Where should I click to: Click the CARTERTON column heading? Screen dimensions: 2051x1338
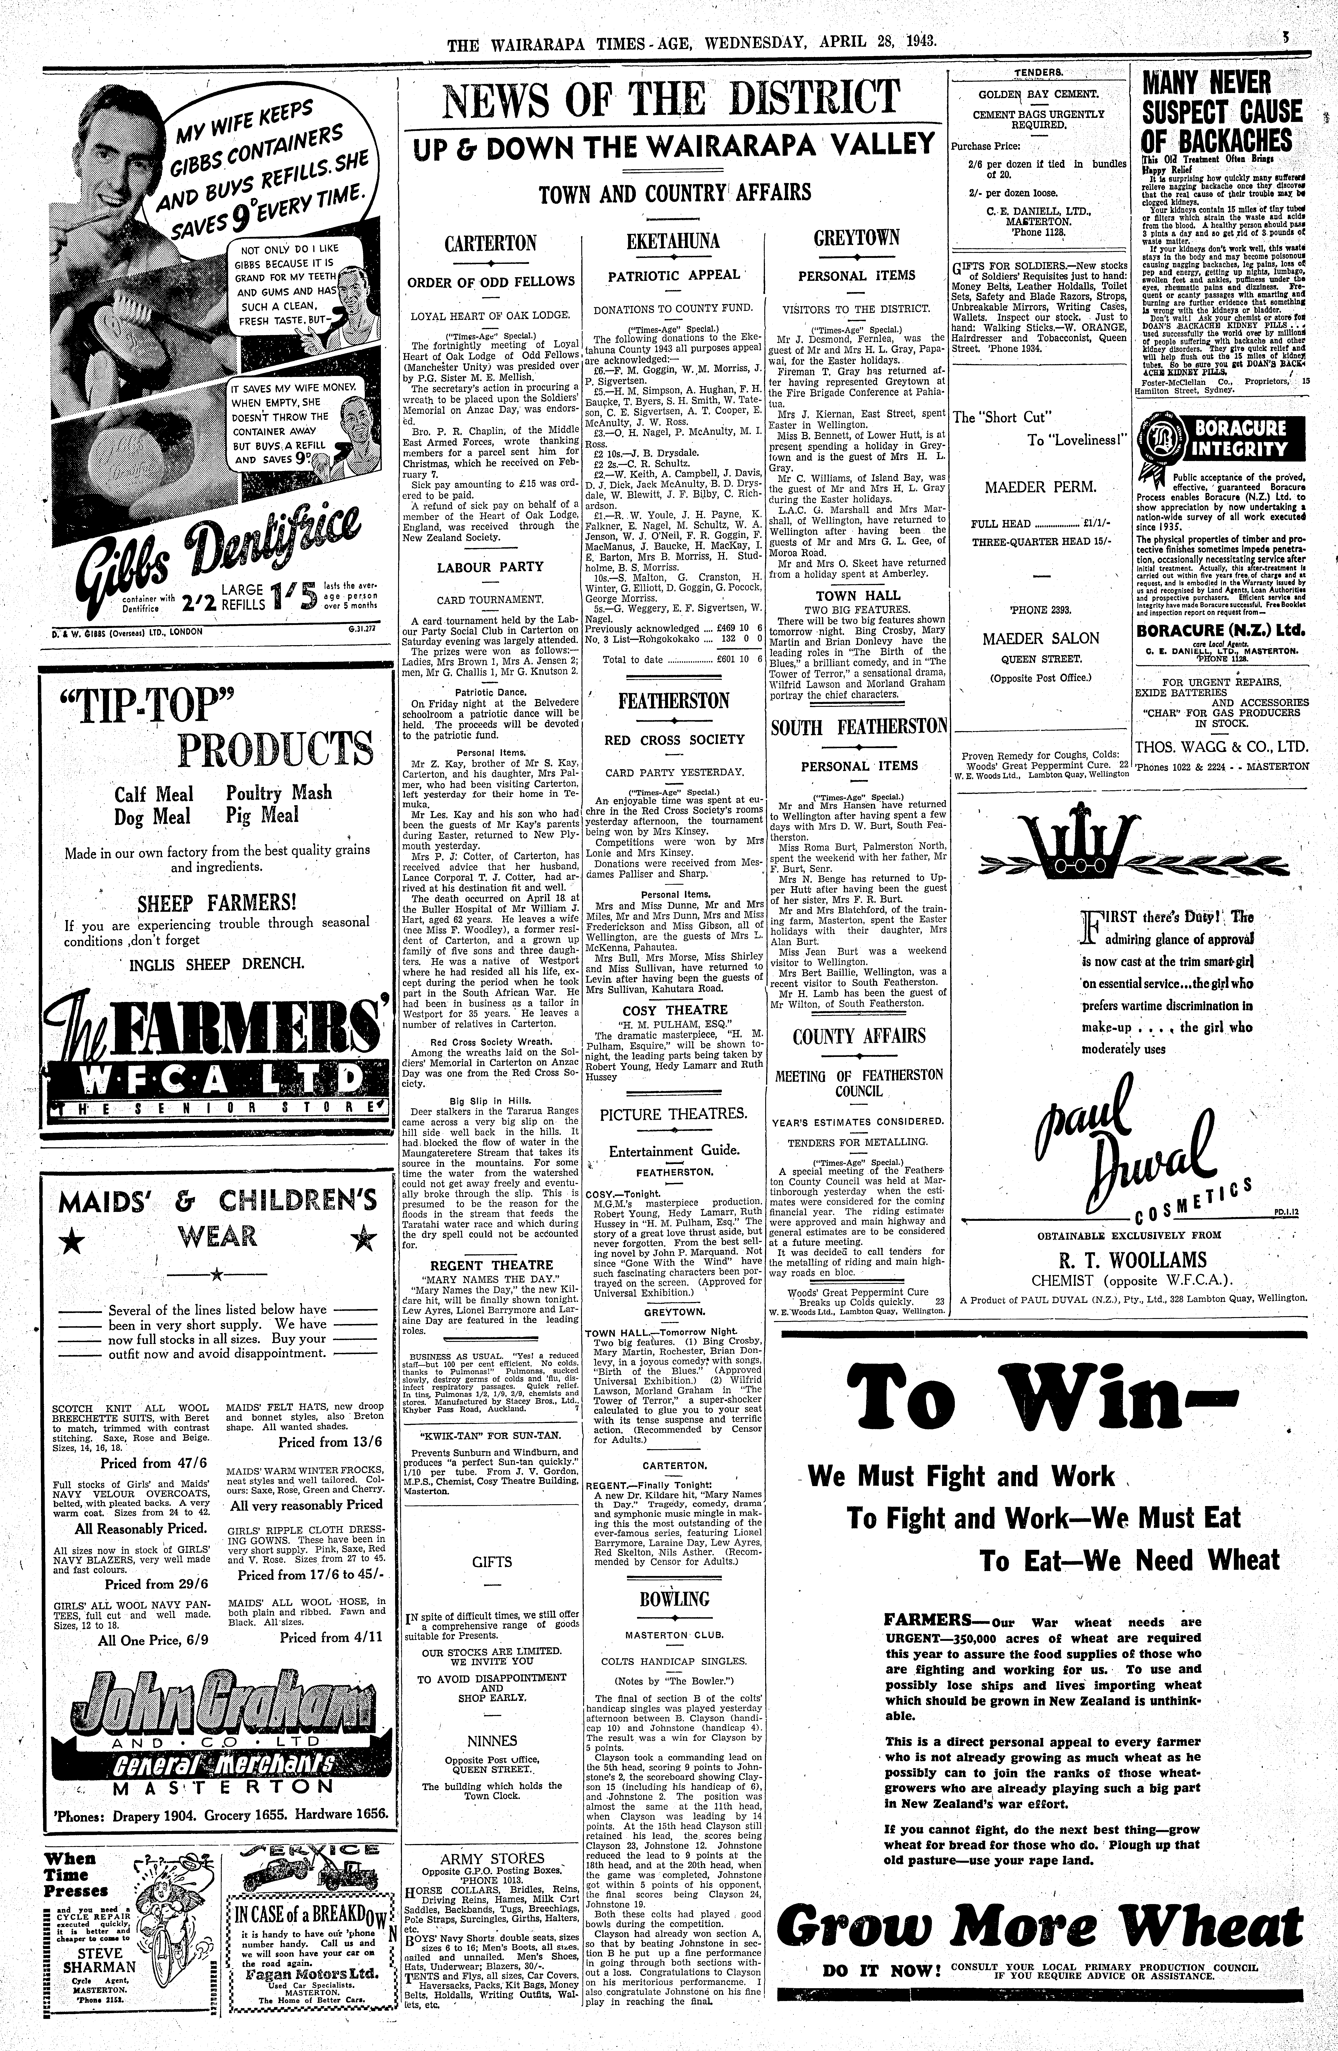point(490,244)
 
